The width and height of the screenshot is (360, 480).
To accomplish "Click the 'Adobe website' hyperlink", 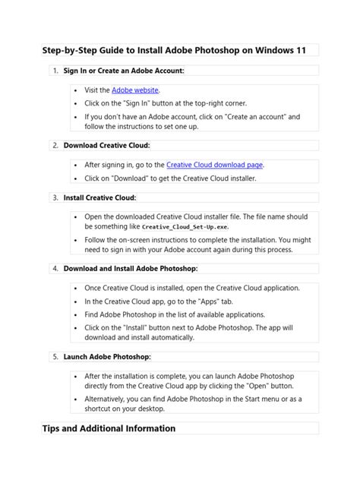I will (x=135, y=90).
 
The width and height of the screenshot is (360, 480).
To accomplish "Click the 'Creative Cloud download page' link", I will (x=215, y=164).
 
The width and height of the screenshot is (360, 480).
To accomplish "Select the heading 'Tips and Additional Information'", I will (x=109, y=428).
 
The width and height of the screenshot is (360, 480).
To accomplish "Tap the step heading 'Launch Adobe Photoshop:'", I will (x=107, y=355).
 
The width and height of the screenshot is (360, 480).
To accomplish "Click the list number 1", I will (x=55, y=70).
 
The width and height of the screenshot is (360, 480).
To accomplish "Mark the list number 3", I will (x=55, y=197).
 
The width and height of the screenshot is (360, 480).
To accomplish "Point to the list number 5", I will (x=55, y=355).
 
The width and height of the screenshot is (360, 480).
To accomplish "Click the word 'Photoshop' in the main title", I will (x=213, y=50).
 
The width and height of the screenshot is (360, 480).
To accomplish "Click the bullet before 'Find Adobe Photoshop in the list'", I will (x=76, y=314).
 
